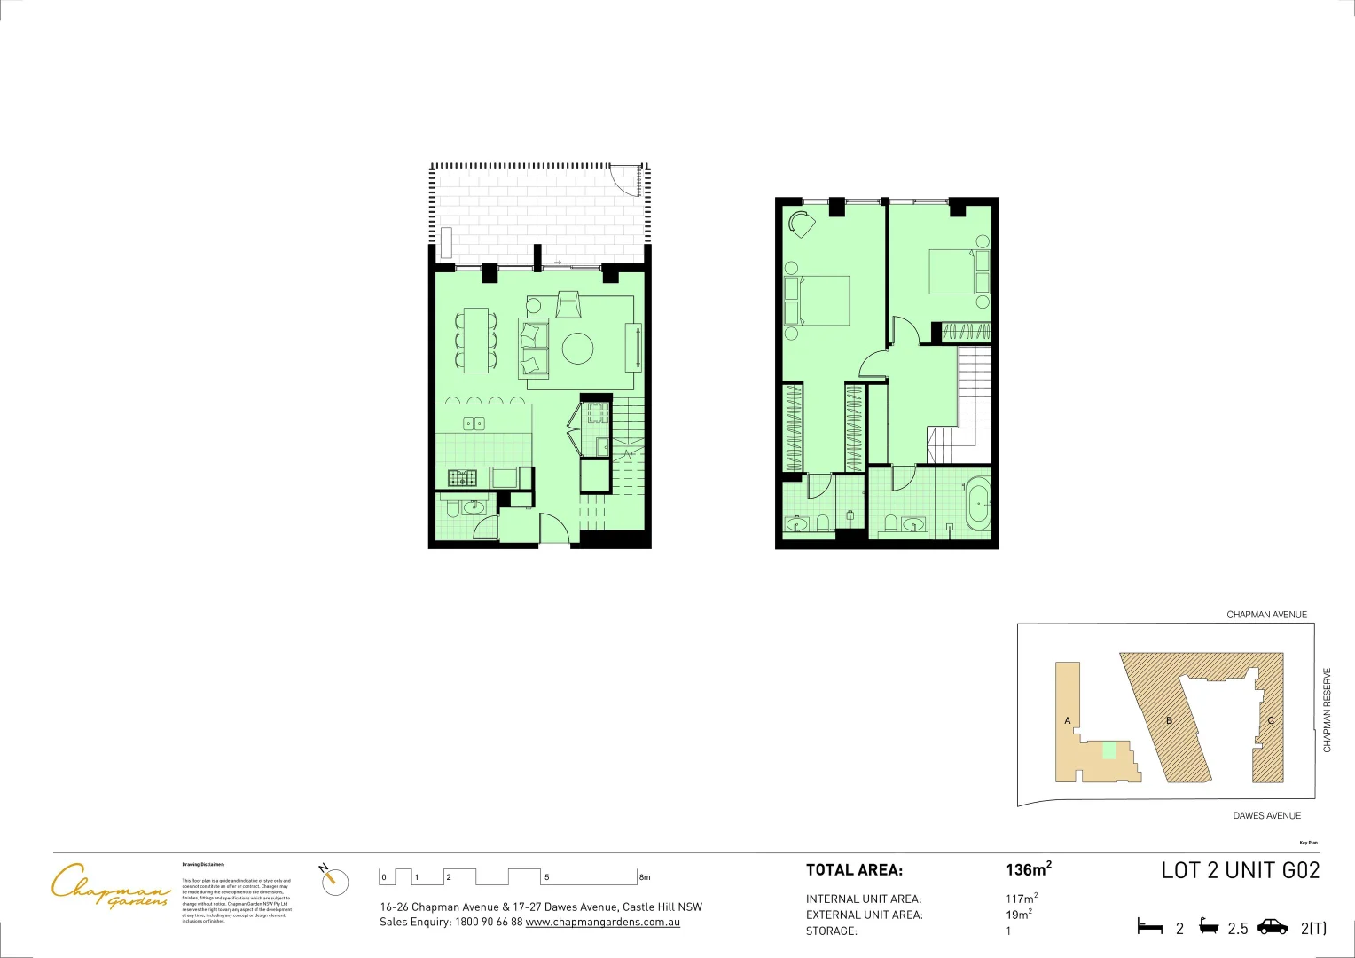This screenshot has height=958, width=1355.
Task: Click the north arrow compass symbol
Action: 335,880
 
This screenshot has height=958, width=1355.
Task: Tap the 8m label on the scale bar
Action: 645,877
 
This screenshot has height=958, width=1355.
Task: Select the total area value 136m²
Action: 1028,869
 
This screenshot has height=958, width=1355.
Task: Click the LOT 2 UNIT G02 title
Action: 1240,870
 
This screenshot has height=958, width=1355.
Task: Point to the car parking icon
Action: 1273,927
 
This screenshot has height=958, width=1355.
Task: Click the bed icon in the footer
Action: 1149,928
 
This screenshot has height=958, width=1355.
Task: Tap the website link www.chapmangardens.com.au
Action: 602,923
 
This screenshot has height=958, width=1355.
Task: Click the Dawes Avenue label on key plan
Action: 1266,815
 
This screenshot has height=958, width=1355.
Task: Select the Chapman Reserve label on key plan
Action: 1328,710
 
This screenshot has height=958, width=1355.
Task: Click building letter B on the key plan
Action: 1169,720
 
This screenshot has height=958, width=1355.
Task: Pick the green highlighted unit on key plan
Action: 1108,750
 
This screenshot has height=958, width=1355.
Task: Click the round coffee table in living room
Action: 578,348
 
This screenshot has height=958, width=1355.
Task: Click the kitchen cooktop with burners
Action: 462,478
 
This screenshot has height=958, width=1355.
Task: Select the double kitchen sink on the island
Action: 474,424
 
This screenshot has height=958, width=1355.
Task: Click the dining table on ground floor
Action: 475,339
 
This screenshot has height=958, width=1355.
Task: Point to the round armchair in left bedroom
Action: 803,224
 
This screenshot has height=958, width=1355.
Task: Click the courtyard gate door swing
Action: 631,182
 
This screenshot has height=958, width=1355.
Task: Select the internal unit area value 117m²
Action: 1021,899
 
